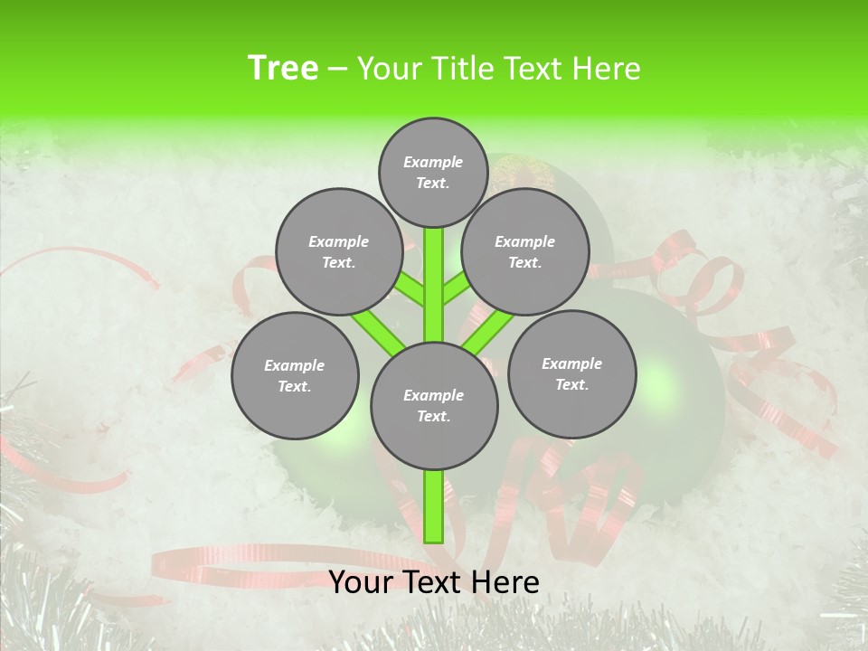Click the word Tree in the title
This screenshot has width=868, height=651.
click(283, 68)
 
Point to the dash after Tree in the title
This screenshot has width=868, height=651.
click(337, 70)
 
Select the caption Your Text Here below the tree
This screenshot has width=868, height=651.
click(434, 581)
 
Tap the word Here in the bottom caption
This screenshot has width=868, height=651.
click(505, 581)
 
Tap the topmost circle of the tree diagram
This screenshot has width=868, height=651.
click(433, 172)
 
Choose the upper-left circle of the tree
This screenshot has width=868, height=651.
click(339, 251)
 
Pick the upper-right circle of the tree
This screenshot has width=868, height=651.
click(525, 251)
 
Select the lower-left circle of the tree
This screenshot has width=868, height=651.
click(295, 375)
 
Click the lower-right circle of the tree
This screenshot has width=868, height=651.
click(571, 373)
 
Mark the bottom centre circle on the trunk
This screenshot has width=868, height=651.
click(434, 406)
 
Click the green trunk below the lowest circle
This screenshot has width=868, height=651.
click(434, 506)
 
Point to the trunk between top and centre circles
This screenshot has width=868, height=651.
click(434, 285)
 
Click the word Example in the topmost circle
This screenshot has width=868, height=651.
click(433, 162)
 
